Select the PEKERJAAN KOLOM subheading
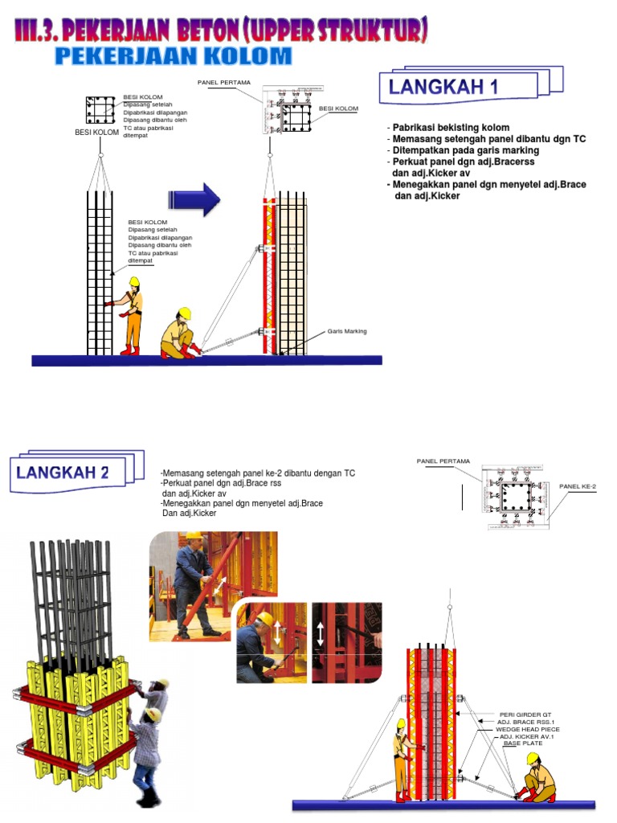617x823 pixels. pyautogui.click(x=173, y=56)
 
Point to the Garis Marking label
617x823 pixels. pyautogui.click(x=346, y=331)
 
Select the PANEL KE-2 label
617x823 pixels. pyautogui.click(x=578, y=486)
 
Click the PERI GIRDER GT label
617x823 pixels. pyautogui.click(x=525, y=714)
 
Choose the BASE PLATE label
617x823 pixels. pyautogui.click(x=523, y=743)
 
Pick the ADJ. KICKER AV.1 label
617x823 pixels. pyautogui.click(x=528, y=736)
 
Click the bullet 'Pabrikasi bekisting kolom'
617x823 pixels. pyautogui.click(x=451, y=128)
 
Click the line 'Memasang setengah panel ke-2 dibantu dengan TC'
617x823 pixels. pyautogui.click(x=258, y=473)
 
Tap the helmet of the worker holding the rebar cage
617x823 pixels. pyautogui.click(x=134, y=280)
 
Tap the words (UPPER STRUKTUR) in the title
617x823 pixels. pyautogui.click(x=347, y=33)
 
